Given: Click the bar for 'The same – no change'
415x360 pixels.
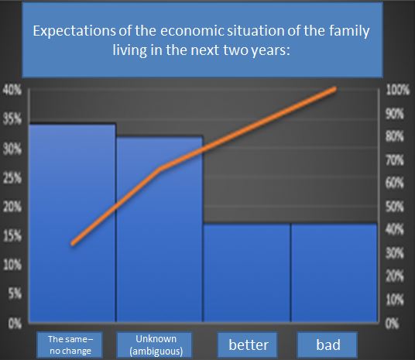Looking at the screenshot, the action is [72, 223].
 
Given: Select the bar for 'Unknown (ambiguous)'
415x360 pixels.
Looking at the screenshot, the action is [159, 229].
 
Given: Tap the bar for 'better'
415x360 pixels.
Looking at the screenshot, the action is [247, 273].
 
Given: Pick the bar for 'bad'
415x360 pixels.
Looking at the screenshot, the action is [334, 273].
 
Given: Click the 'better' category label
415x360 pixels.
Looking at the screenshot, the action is [249, 345].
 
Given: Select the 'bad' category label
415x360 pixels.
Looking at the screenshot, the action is [328, 345].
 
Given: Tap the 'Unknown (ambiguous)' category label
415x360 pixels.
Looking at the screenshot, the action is [156, 345].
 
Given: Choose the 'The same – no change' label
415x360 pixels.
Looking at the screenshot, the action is [70, 345].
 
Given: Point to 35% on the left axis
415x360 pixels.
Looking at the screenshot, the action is [12, 120].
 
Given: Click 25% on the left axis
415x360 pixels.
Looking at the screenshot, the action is [12, 178].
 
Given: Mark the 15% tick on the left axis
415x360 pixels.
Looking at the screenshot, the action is [12, 236].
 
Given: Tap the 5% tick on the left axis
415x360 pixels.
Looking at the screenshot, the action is [15, 294].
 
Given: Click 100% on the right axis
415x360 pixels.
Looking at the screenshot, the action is [398, 91].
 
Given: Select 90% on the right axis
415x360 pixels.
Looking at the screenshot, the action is [395, 114].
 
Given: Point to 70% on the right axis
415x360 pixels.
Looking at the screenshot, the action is [395, 160].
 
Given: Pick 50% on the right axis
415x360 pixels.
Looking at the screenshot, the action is [395, 207].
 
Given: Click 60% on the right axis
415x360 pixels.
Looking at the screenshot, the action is [395, 183].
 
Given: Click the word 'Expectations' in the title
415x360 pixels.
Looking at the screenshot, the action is [74, 31].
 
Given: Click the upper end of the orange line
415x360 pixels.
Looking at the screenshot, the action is [335, 89].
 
